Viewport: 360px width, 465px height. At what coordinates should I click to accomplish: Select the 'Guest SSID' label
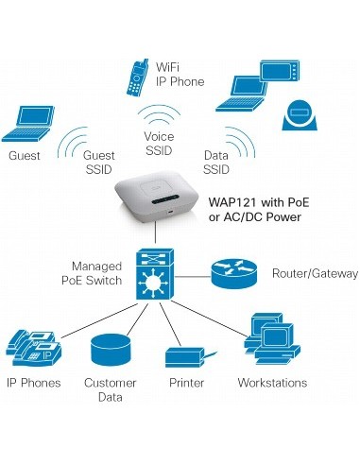[99, 162]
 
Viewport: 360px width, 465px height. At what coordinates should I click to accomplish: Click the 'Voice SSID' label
[159, 143]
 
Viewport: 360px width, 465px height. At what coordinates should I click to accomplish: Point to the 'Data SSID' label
[216, 162]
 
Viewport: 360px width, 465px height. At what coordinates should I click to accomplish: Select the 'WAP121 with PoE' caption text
[258, 202]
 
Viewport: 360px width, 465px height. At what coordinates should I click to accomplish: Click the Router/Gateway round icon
[231, 273]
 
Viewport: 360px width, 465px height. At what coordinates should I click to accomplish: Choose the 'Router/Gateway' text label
[315, 273]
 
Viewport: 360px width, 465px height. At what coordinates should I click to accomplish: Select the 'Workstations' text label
[272, 383]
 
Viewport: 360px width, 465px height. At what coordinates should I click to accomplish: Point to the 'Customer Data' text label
[110, 390]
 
